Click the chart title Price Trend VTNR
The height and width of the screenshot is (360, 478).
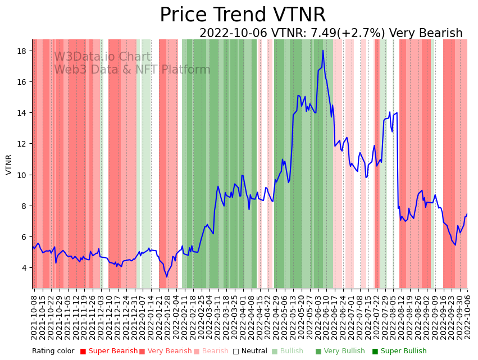point(242,15)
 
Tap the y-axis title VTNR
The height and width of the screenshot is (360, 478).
point(9,165)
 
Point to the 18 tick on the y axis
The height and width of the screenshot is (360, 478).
point(23,51)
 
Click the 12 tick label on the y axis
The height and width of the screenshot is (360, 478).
point(23,144)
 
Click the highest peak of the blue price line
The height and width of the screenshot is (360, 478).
point(323,51)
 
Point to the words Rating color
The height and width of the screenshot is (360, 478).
point(53,352)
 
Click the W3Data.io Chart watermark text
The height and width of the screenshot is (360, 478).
point(102,57)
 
